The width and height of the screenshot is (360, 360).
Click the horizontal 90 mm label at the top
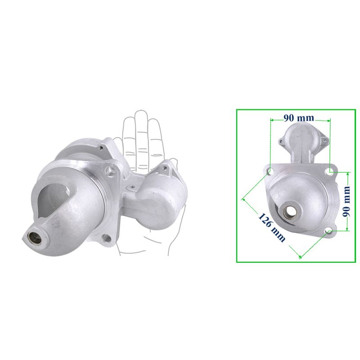click(x=299, y=118)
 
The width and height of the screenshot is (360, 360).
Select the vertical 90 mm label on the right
click(x=346, y=201)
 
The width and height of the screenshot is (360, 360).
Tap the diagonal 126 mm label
click(x=272, y=227)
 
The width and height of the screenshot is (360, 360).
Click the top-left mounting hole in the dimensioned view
click(x=270, y=171)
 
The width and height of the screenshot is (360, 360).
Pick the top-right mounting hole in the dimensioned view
click(x=330, y=171)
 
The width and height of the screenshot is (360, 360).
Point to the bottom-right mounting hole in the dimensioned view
click(x=329, y=231)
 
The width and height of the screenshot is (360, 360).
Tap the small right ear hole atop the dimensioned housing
click(x=324, y=139)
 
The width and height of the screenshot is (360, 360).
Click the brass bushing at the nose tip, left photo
click(x=35, y=238)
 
